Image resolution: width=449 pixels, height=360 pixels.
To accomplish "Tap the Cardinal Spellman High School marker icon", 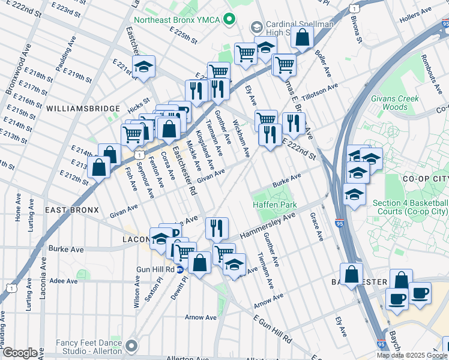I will (x=257, y=27).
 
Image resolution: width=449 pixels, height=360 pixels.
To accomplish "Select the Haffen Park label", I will (x=275, y=205).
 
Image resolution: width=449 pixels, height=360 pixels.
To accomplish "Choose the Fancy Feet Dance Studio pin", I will (x=131, y=346).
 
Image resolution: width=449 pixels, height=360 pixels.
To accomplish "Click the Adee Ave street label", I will (x=63, y=280).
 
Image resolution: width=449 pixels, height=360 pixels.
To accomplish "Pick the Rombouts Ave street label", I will (x=431, y=71).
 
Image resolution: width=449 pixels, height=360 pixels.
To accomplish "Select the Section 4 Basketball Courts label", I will (x=411, y=208).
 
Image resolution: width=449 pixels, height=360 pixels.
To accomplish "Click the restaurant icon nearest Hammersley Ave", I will (x=217, y=227).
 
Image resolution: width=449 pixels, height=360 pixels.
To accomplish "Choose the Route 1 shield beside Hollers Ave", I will (x=355, y=8).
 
